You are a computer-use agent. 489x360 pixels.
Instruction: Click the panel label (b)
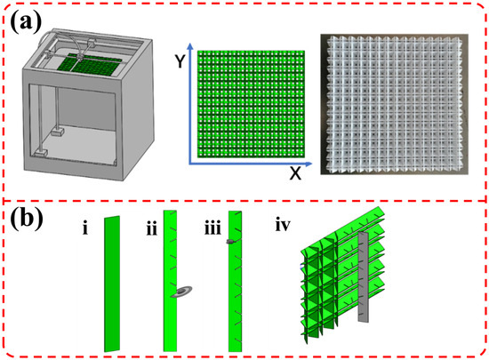click(x=27, y=220)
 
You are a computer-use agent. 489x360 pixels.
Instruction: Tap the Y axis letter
click(x=180, y=60)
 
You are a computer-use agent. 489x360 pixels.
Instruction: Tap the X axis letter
click(x=295, y=173)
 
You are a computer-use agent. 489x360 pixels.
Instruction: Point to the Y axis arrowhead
click(x=190, y=46)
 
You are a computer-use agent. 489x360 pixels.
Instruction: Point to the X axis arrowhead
click(x=309, y=164)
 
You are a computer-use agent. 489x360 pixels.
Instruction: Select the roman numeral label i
click(x=85, y=228)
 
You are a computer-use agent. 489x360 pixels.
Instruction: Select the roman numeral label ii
click(x=152, y=228)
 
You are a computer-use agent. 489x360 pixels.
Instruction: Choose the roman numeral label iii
click(x=213, y=228)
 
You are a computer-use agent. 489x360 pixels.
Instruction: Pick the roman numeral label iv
click(x=283, y=225)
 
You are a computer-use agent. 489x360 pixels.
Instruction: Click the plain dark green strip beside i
click(x=112, y=284)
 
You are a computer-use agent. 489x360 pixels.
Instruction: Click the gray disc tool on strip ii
click(x=183, y=292)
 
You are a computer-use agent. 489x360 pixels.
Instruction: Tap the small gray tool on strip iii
click(x=231, y=241)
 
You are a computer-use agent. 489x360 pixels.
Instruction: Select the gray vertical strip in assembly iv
click(x=364, y=276)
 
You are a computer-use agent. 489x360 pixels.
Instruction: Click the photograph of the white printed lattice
click(x=394, y=104)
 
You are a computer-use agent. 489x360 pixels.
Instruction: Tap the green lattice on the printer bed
click(x=90, y=65)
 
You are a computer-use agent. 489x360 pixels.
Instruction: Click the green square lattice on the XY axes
click(x=251, y=104)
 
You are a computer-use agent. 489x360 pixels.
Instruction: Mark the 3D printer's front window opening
click(x=72, y=124)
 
